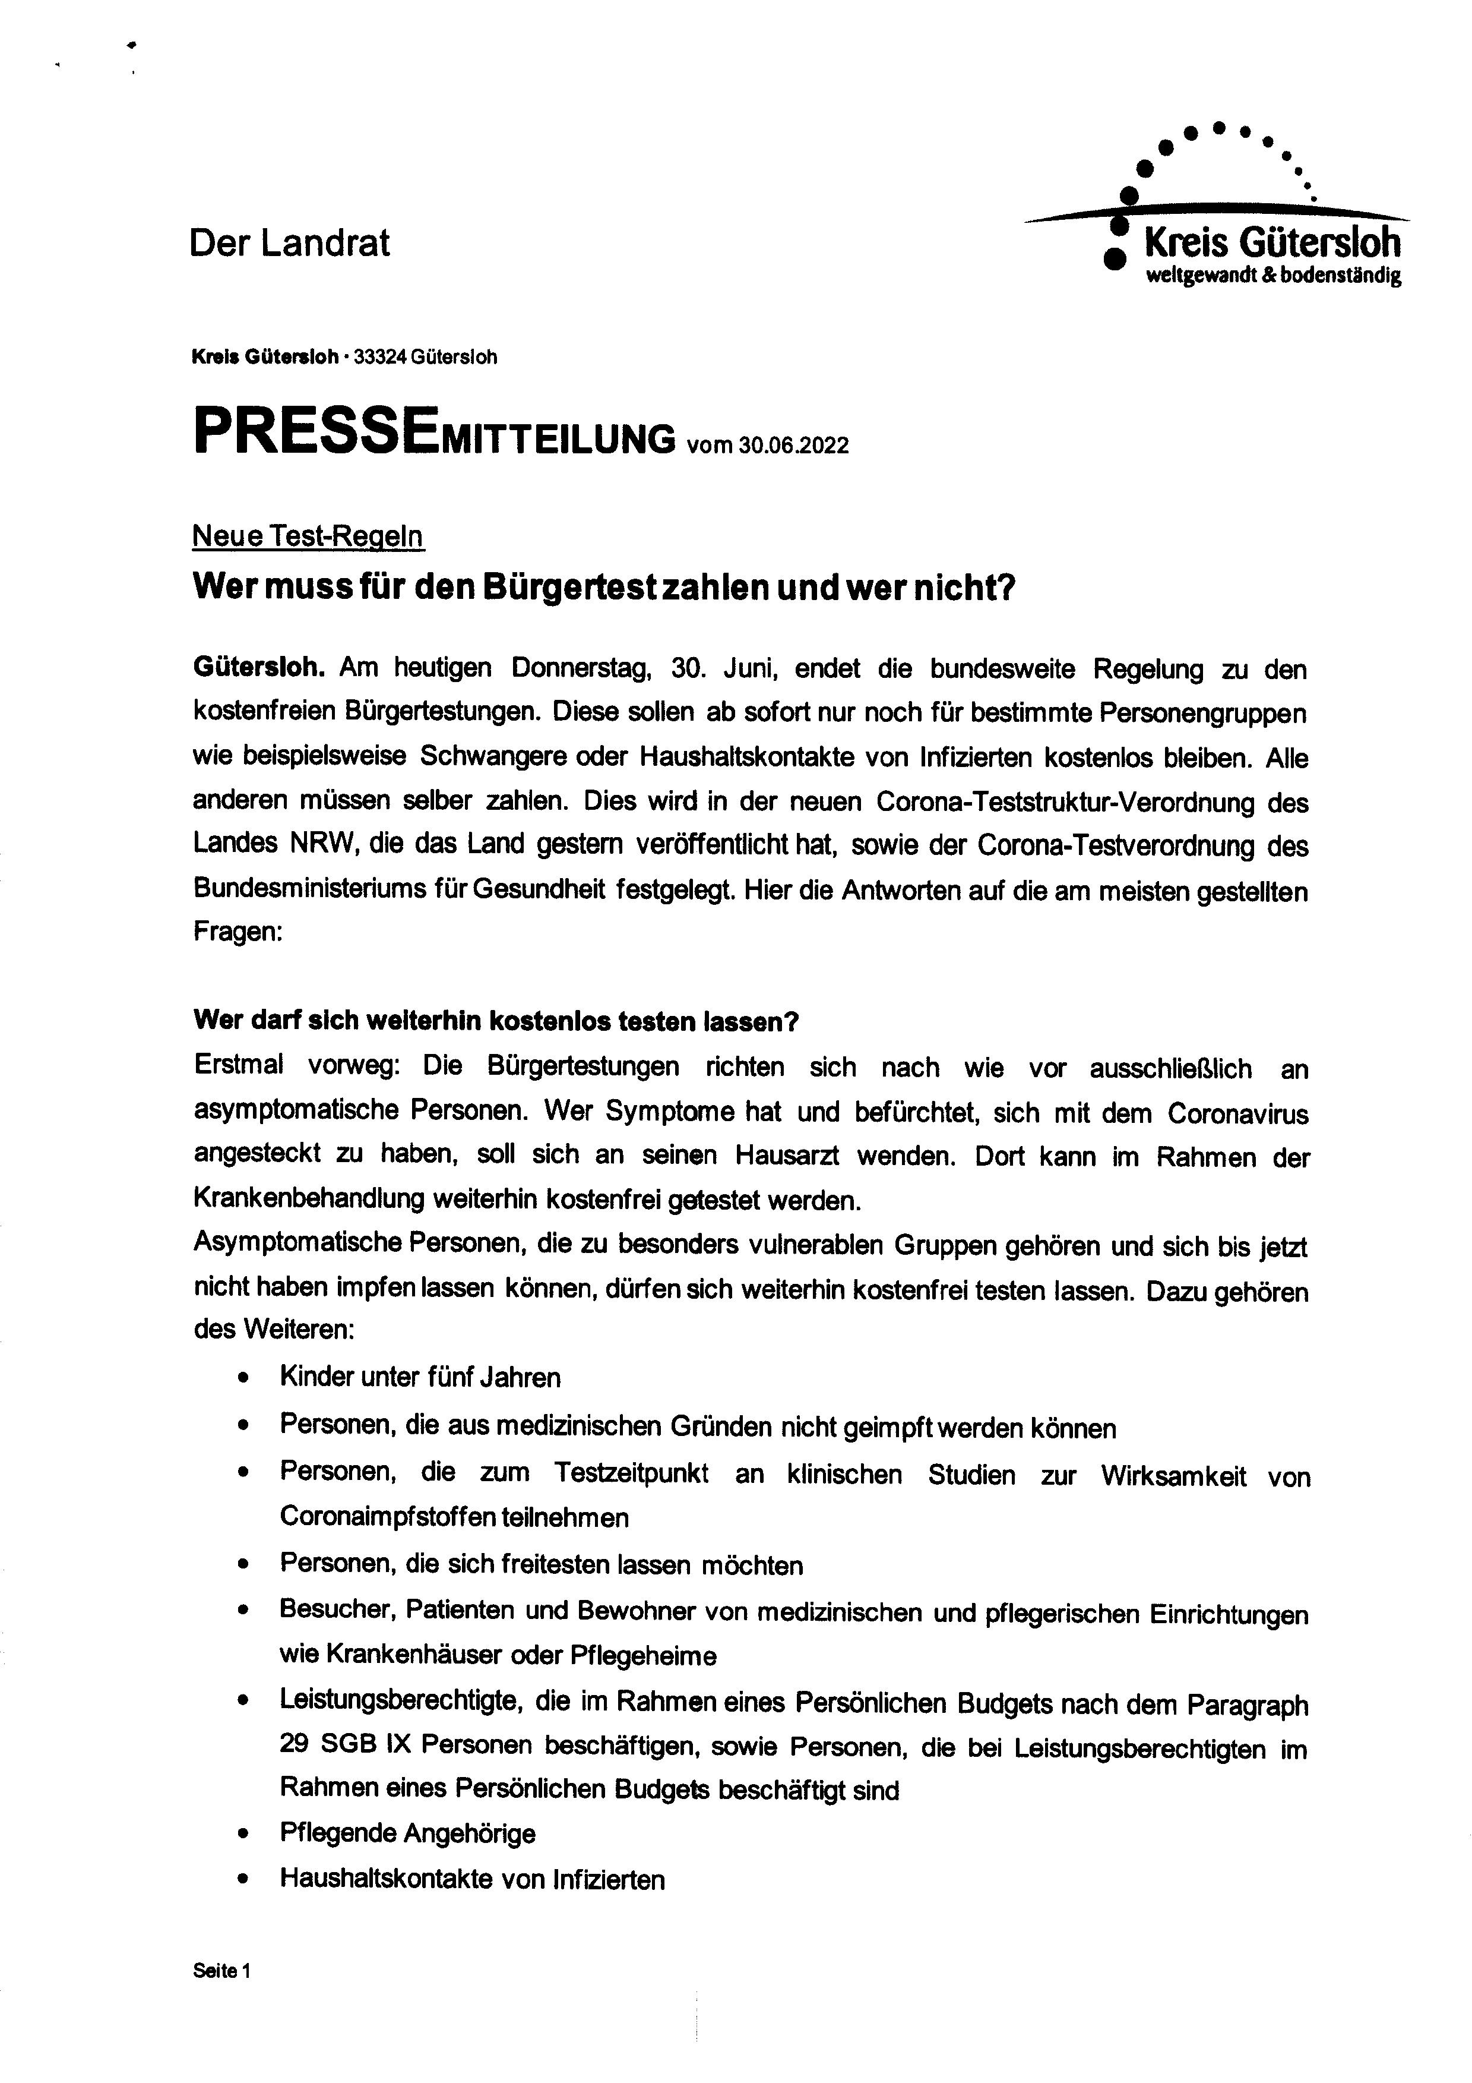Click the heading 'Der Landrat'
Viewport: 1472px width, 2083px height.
(x=289, y=243)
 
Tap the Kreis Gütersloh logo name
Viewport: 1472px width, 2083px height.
(x=1272, y=243)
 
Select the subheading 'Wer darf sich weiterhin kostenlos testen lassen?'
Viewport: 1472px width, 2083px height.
(x=495, y=1021)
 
